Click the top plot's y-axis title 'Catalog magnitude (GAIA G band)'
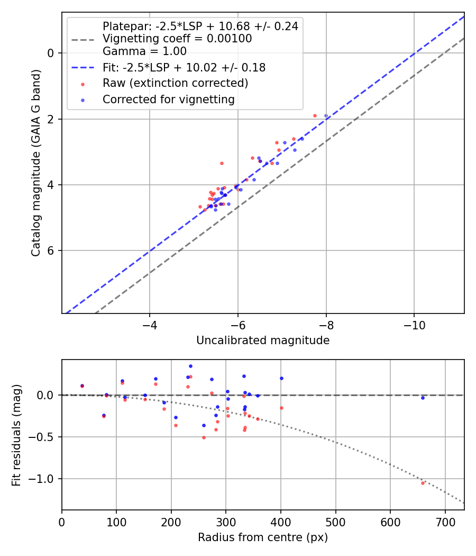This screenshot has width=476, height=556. click(36, 163)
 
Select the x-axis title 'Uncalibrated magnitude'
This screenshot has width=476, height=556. click(263, 340)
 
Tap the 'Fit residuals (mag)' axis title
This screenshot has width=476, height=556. click(16, 435)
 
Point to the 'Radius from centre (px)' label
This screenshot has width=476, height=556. click(263, 537)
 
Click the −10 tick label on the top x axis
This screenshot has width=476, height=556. click(414, 325)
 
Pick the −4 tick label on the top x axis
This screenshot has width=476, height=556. click(150, 325)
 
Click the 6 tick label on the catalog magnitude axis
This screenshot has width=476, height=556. click(50, 250)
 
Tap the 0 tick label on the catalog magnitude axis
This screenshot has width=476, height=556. click(50, 53)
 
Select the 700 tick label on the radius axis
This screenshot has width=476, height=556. click(445, 522)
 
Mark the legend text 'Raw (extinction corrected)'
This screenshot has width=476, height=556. click(175, 83)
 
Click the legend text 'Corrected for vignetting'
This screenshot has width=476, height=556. click(169, 100)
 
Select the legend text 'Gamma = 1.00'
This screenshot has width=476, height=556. click(144, 51)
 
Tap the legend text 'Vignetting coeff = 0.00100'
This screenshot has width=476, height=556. click(177, 39)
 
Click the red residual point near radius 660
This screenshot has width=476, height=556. click(423, 483)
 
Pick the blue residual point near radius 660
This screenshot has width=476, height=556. click(423, 398)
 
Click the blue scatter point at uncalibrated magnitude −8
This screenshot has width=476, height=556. click(326, 116)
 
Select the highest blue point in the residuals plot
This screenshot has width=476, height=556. click(190, 366)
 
